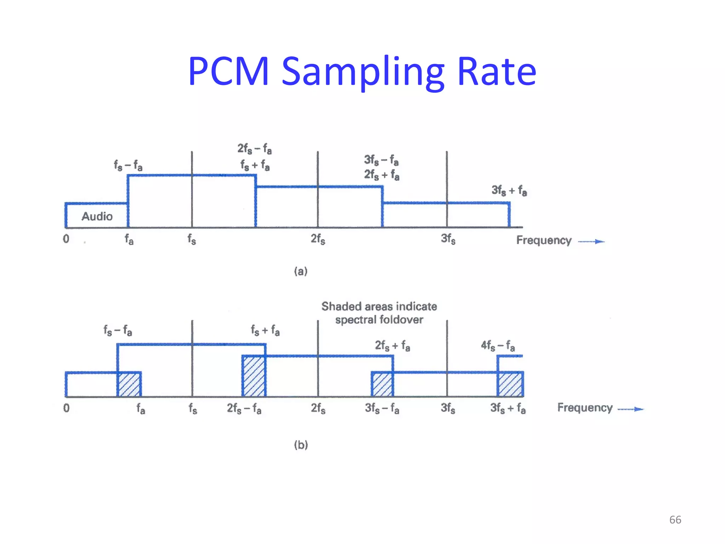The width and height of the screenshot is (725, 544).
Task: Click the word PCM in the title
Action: click(228, 72)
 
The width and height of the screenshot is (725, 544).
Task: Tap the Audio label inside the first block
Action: click(97, 216)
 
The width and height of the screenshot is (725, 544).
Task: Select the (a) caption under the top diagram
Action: click(301, 271)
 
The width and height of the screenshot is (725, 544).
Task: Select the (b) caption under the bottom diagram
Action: click(301, 444)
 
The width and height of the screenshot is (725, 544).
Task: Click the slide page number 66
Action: click(675, 520)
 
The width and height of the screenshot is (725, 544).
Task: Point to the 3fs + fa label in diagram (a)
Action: click(509, 191)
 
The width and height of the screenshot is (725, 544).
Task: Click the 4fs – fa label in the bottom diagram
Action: click(498, 345)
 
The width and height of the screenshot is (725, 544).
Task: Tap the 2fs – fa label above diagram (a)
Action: click(255, 149)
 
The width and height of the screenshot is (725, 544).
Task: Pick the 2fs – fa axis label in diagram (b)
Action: click(244, 408)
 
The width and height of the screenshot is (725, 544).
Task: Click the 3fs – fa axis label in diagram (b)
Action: click(382, 408)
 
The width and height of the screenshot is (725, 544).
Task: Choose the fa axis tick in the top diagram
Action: click(129, 240)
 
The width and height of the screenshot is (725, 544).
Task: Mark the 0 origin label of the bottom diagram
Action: click(66, 408)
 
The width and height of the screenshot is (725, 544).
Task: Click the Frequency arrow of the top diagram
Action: click(591, 242)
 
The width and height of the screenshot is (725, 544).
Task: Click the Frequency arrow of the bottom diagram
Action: click(630, 409)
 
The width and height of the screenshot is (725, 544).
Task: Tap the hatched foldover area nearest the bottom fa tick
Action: click(129, 385)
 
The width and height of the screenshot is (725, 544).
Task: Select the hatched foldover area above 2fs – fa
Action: click(254, 376)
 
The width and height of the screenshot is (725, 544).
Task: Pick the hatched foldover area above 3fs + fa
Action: click(510, 385)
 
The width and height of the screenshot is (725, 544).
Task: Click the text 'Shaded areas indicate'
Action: click(379, 306)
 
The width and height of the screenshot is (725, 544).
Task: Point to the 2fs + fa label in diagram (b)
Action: click(392, 345)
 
